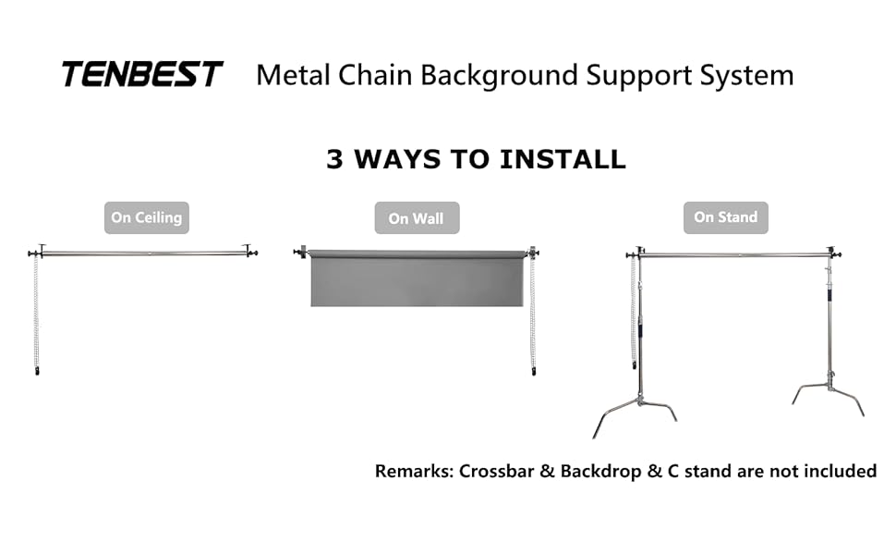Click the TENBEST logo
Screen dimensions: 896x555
(x=141, y=74)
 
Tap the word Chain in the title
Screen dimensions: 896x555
(x=374, y=75)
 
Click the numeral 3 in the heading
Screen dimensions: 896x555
(x=334, y=159)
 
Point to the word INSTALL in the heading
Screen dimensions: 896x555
(x=563, y=159)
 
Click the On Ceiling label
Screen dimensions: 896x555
(x=146, y=217)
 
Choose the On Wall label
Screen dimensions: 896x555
(x=417, y=218)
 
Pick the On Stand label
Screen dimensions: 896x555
(x=726, y=217)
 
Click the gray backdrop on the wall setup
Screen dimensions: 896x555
(x=417, y=278)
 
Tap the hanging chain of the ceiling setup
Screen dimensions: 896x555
(x=37, y=314)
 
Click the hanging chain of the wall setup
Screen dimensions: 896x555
(x=533, y=314)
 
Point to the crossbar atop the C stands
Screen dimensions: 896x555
(x=735, y=254)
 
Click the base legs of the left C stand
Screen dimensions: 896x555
(x=636, y=412)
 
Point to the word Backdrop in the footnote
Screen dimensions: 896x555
(x=601, y=472)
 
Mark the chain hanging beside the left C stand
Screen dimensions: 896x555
(x=633, y=312)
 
